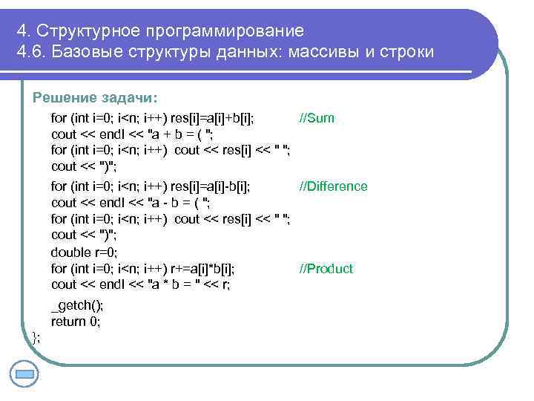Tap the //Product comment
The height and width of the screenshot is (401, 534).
pyautogui.click(x=326, y=269)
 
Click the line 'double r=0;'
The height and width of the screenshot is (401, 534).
pyautogui.click(x=84, y=252)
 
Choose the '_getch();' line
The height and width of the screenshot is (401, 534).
pyautogui.click(x=77, y=306)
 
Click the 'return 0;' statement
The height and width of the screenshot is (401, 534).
pyautogui.click(x=75, y=322)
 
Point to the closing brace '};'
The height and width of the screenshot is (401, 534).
pyautogui.click(x=36, y=338)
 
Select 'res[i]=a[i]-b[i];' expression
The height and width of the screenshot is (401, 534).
pyautogui.click(x=210, y=186)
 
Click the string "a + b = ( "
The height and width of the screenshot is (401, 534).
pyautogui.click(x=181, y=134)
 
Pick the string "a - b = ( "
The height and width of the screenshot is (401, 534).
pyautogui.click(x=179, y=203)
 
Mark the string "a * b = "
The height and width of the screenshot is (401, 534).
pyautogui.click(x=176, y=284)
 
